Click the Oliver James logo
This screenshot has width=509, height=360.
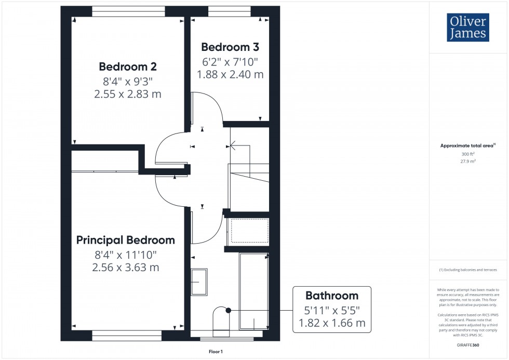pyautogui.click(x=467, y=28)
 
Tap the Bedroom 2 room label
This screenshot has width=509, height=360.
pyautogui.click(x=128, y=66)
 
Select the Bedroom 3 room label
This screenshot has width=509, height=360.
pyautogui.click(x=230, y=47)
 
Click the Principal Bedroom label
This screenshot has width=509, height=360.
pyautogui.click(x=126, y=240)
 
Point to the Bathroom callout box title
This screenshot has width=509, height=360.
pyautogui.click(x=332, y=296)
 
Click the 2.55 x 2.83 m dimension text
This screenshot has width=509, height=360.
pyautogui.click(x=128, y=94)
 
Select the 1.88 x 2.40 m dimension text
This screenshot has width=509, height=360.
pyautogui.click(x=230, y=74)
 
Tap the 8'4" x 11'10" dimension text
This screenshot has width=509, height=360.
pyautogui.click(x=126, y=255)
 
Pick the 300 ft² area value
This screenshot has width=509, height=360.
pyautogui.click(x=468, y=154)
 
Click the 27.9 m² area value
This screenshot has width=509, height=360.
pyautogui.click(x=468, y=161)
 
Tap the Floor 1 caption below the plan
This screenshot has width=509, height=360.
pyautogui.click(x=215, y=352)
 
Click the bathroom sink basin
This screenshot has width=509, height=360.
pyautogui.click(x=199, y=282)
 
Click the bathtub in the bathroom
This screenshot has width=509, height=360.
pyautogui.click(x=253, y=291)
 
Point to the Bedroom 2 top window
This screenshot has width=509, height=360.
pyautogui.click(x=128, y=10)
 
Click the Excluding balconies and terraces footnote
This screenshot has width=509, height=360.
pyautogui.click(x=468, y=270)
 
